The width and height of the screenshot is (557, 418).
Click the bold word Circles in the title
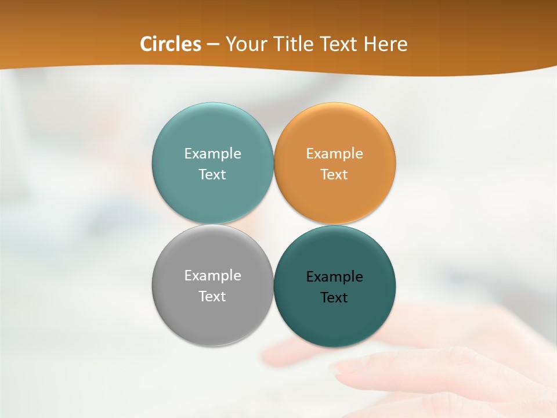click(171, 44)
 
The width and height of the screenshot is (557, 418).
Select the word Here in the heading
click(386, 44)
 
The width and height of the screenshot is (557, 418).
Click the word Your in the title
click(244, 44)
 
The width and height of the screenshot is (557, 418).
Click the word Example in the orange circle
click(335, 154)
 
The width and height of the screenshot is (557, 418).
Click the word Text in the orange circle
click(335, 175)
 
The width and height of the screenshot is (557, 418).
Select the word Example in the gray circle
click(212, 276)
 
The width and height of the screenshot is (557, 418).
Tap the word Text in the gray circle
click(212, 297)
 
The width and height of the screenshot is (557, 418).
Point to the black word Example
click(335, 277)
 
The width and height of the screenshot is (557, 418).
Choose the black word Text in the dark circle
click(335, 298)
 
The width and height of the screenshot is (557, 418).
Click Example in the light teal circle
click(212, 154)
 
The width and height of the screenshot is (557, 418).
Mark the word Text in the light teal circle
click(212, 175)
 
